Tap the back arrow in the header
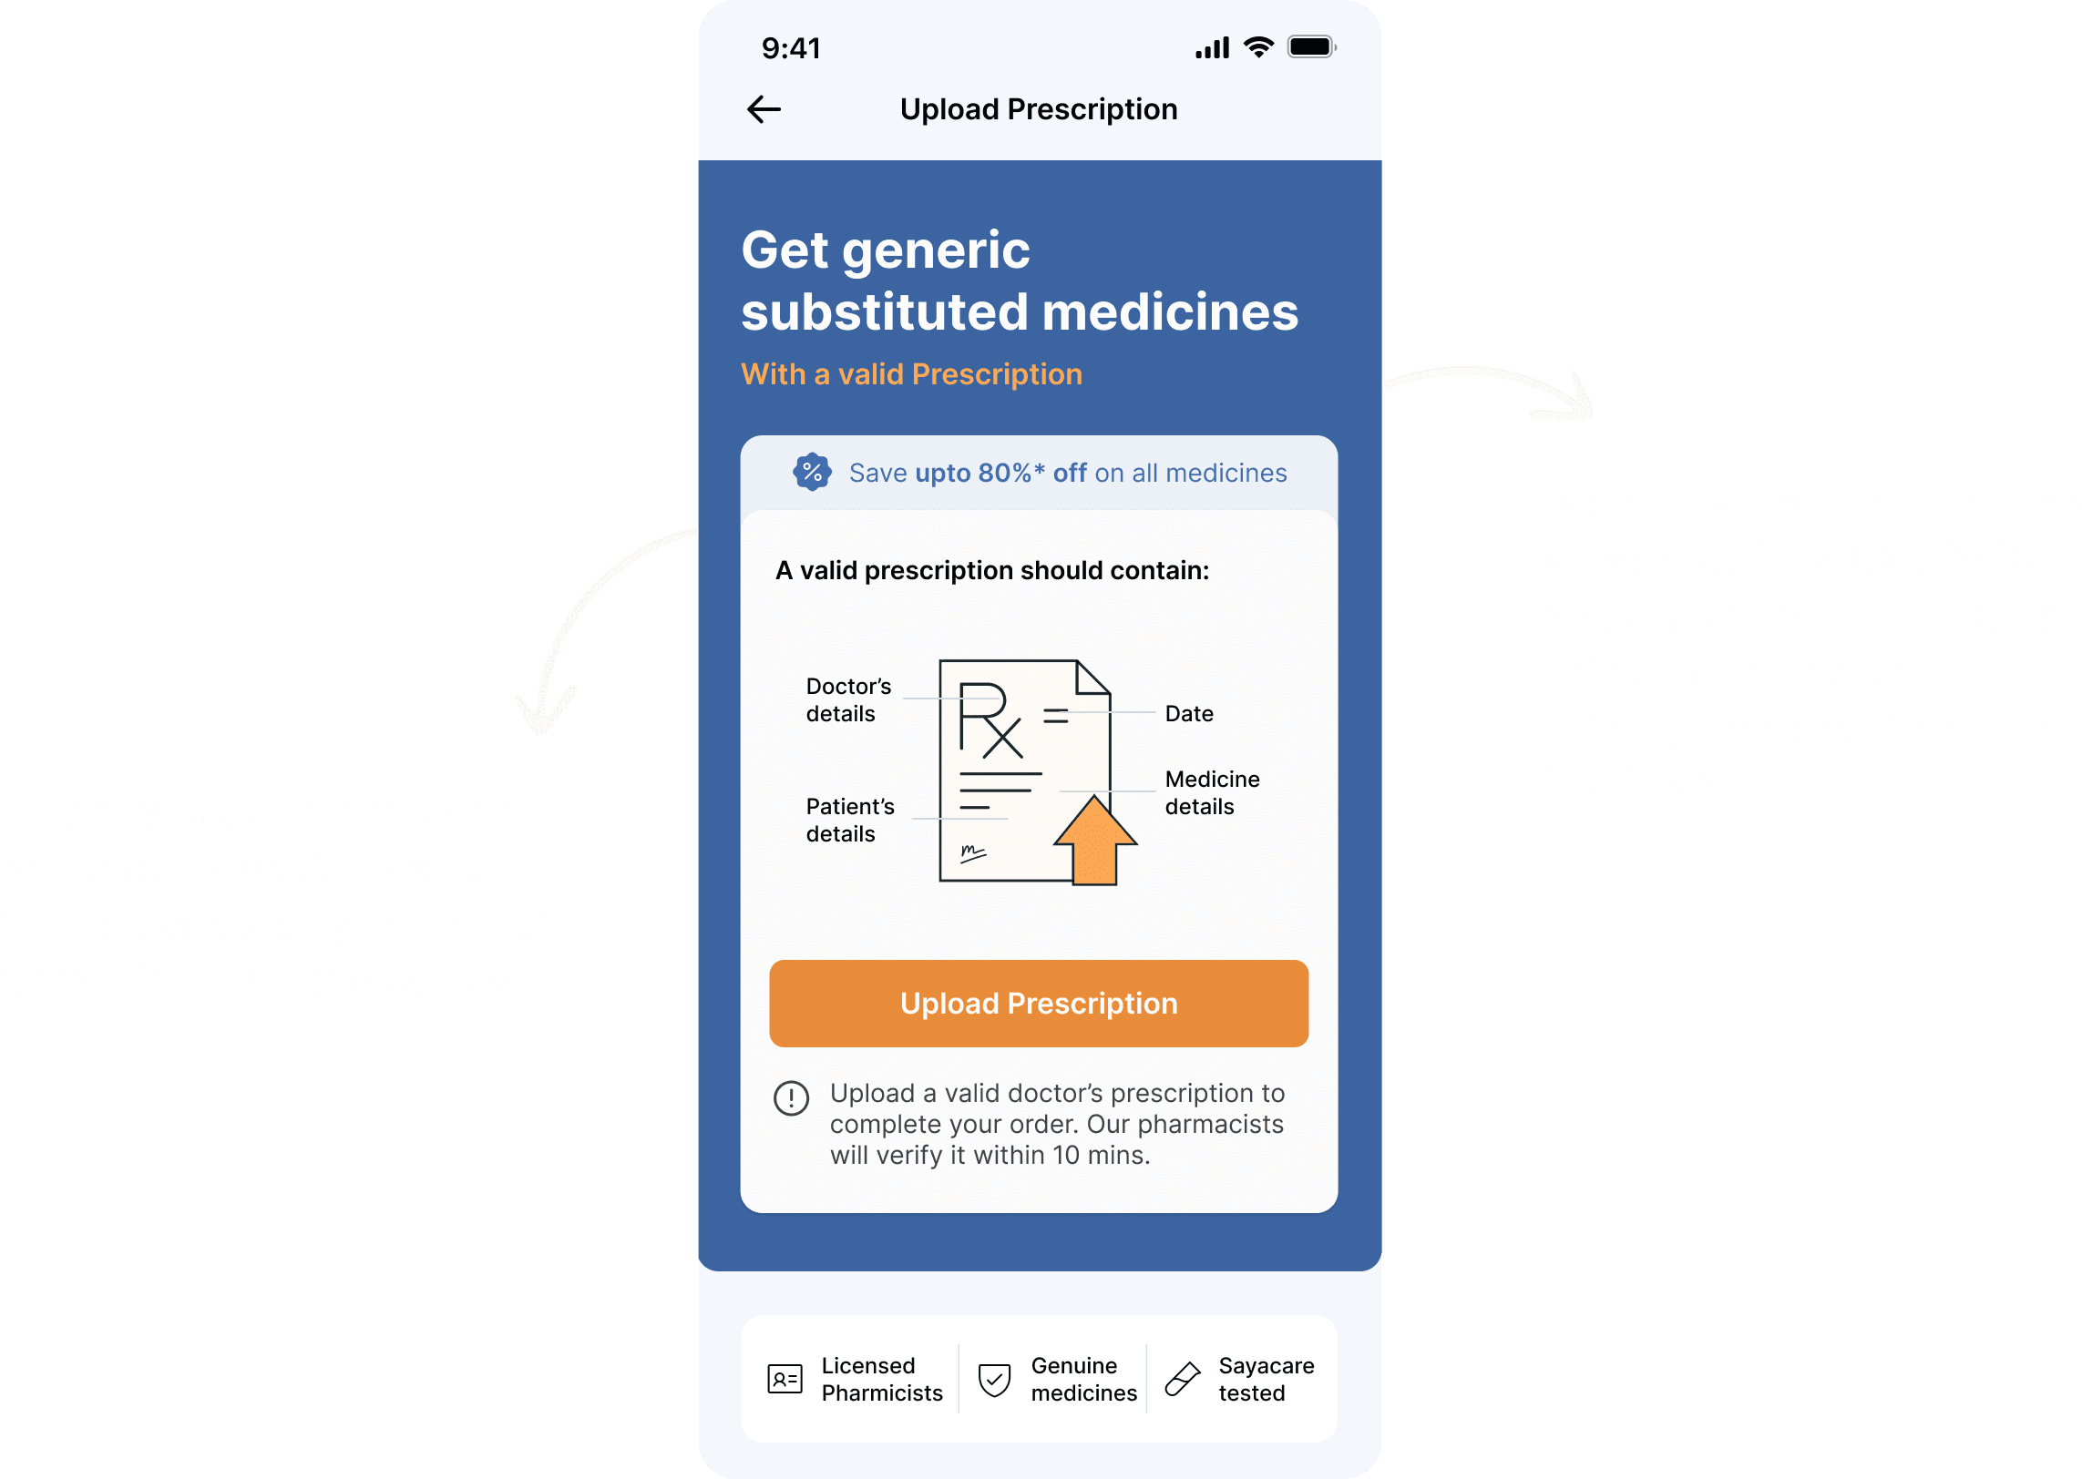pyautogui.click(x=764, y=110)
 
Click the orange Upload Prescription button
pyautogui.click(x=1039, y=1004)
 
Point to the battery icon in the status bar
pyautogui.click(x=1310, y=47)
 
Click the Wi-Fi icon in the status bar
pyautogui.click(x=1258, y=47)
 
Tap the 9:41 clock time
pyautogui.click(x=791, y=48)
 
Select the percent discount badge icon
pyautogui.click(x=812, y=473)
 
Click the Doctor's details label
pyautogui.click(x=847, y=699)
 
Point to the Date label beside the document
pyautogui.click(x=1189, y=714)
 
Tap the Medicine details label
pyautogui.click(x=1212, y=792)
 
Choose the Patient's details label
pyautogui.click(x=849, y=820)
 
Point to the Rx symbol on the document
pyautogui.click(x=990, y=719)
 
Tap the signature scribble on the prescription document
pyautogui.click(x=972, y=853)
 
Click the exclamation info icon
pyautogui.click(x=791, y=1098)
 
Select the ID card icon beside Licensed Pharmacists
pyautogui.click(x=785, y=1379)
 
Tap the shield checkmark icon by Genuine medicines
pyautogui.click(x=994, y=1379)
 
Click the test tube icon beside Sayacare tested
pyautogui.click(x=1183, y=1379)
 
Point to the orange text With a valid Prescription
pyautogui.click(x=911, y=374)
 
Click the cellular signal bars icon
pyautogui.click(x=1212, y=48)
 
